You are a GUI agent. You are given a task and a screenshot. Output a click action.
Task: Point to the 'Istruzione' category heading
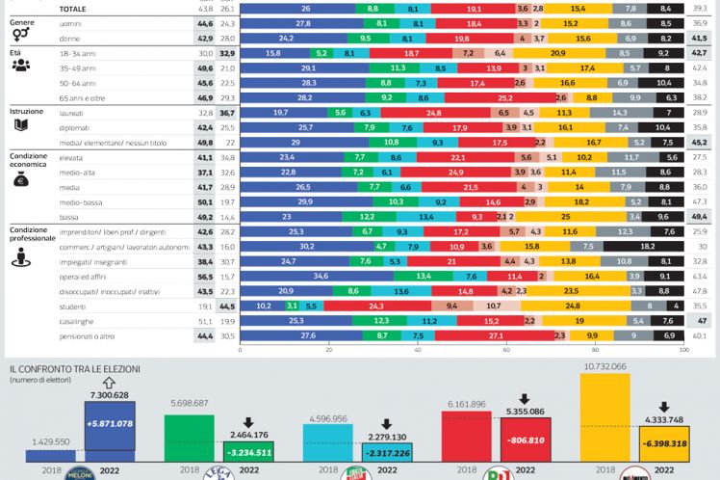[27, 112]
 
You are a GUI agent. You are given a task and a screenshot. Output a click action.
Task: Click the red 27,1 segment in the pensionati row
[495, 334]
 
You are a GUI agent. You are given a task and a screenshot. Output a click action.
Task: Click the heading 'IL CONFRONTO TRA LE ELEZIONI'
[75, 369]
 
